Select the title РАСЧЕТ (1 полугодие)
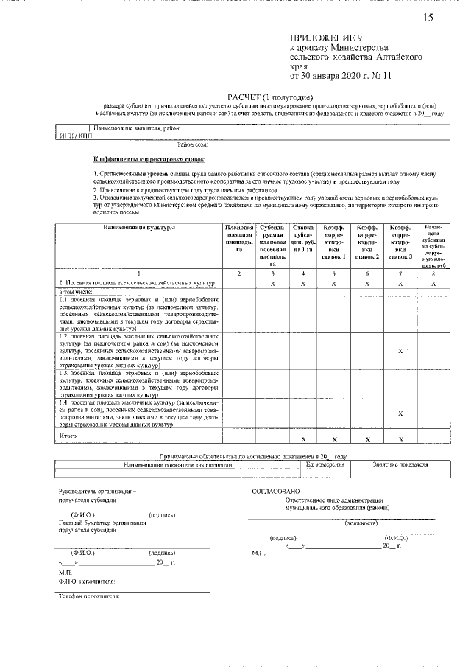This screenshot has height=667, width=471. point(271,97)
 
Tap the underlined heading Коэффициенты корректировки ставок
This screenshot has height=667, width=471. point(149,158)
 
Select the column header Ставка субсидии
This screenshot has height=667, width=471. point(303,237)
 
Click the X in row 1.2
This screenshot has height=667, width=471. point(400,351)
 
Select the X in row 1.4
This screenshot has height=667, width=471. point(400,413)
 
